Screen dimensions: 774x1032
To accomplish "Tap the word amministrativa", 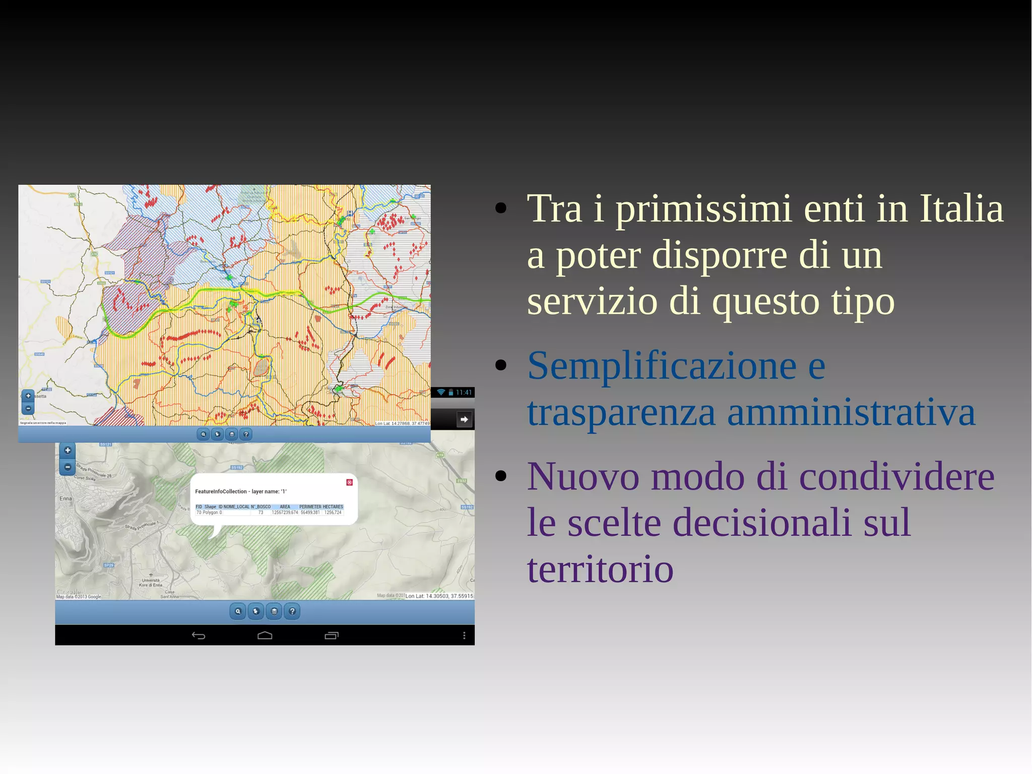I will pos(851,412).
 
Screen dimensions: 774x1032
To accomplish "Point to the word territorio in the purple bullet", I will pos(600,569).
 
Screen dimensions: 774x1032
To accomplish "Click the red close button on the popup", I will pos(349,483).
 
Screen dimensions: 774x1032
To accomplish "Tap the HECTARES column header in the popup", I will pos(333,507).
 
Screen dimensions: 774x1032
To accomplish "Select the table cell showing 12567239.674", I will pos(285,512).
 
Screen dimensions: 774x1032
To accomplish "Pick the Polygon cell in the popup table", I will pos(210,512).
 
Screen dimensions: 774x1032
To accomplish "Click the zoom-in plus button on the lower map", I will pos(68,450).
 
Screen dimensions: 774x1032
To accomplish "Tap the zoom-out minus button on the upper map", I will pos(28,408).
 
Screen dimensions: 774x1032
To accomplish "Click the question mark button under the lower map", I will pos(292,612).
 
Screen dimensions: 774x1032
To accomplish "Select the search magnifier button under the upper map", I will pos(203,434).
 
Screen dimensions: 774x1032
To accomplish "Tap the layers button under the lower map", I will pos(274,612).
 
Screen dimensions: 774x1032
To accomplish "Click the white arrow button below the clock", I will pos(464,420).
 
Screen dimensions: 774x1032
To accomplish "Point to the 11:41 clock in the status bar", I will pos(464,392).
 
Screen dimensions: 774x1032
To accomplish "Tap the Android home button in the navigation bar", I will pos(265,635).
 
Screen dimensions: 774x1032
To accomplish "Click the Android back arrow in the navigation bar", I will pos(199,635).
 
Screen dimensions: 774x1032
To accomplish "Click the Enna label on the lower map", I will pos(66,499).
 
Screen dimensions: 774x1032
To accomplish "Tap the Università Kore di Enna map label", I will pos(151,582).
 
